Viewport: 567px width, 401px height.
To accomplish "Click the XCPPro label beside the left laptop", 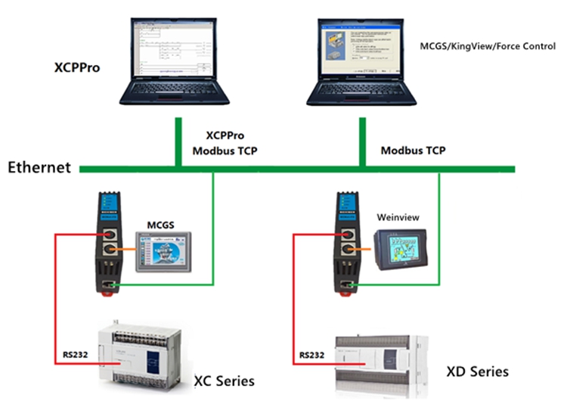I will [78, 67].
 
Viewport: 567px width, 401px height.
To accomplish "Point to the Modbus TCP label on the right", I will [413, 150].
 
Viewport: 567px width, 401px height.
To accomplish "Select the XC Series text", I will [225, 380].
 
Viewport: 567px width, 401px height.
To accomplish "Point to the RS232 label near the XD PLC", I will [313, 354].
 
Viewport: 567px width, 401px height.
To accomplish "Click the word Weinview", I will [398, 217].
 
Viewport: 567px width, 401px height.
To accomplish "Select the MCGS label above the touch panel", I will [160, 224].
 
